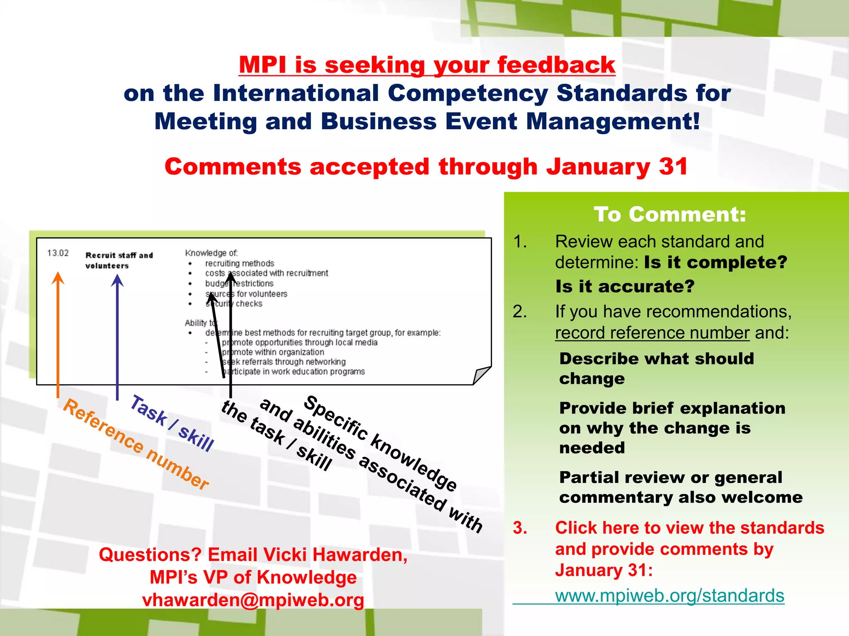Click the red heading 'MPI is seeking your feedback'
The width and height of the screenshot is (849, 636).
pyautogui.click(x=427, y=65)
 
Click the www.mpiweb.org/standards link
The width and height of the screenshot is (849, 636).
pyautogui.click(x=669, y=595)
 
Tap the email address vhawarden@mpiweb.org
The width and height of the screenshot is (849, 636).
pyautogui.click(x=253, y=600)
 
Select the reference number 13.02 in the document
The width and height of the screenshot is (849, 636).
pyautogui.click(x=58, y=253)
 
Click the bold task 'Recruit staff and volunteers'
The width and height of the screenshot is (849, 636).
pyautogui.click(x=119, y=260)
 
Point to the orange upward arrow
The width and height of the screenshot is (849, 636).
pyautogui.click(x=58, y=331)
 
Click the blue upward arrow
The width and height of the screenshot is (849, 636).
pyautogui.click(x=117, y=335)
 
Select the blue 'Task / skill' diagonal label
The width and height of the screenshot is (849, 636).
pyautogui.click(x=172, y=423)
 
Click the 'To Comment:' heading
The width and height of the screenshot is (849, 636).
pyautogui.click(x=670, y=214)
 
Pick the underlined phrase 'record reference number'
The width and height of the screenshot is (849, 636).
pyautogui.click(x=652, y=332)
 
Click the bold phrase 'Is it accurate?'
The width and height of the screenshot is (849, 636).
pyautogui.click(x=625, y=286)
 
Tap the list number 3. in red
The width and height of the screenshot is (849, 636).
pyautogui.click(x=520, y=528)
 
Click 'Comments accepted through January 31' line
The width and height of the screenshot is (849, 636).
pyautogui.click(x=426, y=166)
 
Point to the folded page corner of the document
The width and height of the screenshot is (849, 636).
pyautogui.click(x=482, y=375)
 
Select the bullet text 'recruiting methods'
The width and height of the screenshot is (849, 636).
pyautogui.click(x=240, y=263)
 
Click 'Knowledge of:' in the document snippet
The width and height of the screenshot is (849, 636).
pyautogui.click(x=211, y=253)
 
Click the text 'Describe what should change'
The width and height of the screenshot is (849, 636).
pyautogui.click(x=656, y=368)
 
